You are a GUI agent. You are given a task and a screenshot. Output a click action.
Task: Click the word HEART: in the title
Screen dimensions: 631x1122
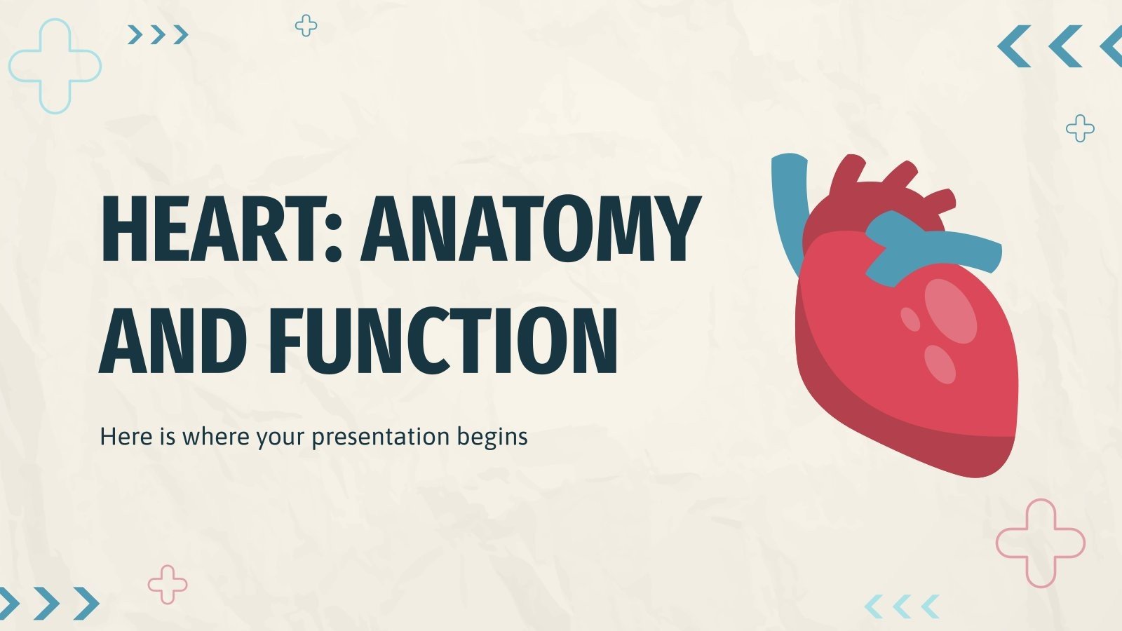pyautogui.click(x=221, y=229)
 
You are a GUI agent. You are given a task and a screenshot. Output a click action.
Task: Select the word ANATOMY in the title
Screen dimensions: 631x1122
pyautogui.click(x=531, y=229)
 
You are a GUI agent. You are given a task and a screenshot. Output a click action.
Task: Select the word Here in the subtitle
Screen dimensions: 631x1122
pyautogui.click(x=126, y=436)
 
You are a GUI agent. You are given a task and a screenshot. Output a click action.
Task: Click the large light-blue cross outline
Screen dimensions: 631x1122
pyautogui.click(x=55, y=67)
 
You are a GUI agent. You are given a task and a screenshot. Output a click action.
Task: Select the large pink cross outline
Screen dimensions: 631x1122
pyautogui.click(x=1040, y=543)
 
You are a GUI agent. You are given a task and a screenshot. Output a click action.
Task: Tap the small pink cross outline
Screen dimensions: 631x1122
pyautogui.click(x=168, y=584)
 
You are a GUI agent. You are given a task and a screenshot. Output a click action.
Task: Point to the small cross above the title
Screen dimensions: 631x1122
pyautogui.click(x=306, y=26)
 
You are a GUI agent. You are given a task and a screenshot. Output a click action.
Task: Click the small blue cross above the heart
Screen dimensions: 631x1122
pyautogui.click(x=1080, y=128)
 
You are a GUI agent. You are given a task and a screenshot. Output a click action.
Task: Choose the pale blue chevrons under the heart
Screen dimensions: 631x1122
pyautogui.click(x=902, y=606)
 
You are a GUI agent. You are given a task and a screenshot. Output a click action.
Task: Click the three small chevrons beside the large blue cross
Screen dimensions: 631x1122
pyautogui.click(x=158, y=34)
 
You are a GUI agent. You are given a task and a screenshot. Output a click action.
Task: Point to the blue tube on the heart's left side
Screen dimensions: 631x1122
pyautogui.click(x=787, y=203)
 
